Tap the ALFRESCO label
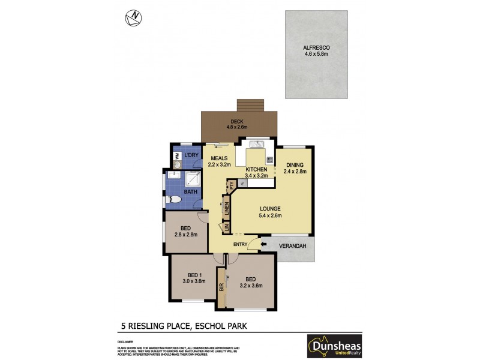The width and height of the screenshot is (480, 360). pyautogui.click(x=316, y=47)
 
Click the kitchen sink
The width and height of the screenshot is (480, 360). pyautogui.click(x=257, y=145)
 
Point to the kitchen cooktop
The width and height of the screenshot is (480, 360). pyautogui.click(x=269, y=160)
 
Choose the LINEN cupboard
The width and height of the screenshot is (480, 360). pyautogui.click(x=227, y=208)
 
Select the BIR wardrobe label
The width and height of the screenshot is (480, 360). pyautogui.click(x=221, y=288)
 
